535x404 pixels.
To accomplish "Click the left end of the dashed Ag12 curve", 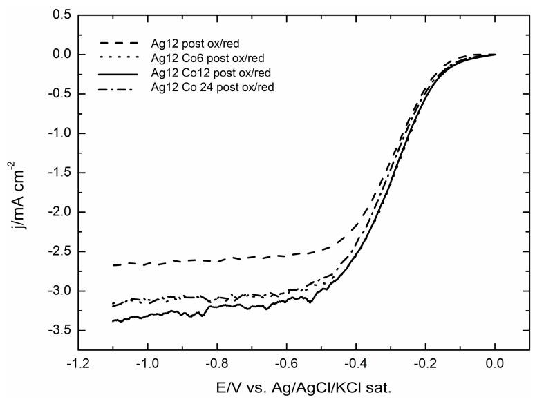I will click(x=113, y=264).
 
